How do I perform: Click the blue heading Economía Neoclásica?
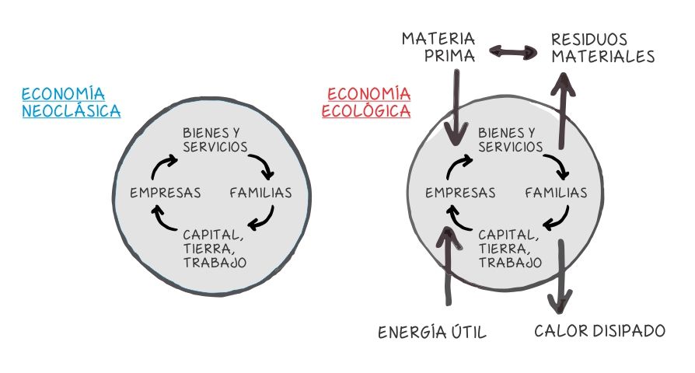[71, 102]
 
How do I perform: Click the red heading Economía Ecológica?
[366, 103]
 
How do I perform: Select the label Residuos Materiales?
[602, 47]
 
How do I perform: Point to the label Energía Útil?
[432, 333]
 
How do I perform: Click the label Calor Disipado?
[599, 331]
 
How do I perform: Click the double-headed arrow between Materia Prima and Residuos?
[514, 53]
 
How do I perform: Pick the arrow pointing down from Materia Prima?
[457, 101]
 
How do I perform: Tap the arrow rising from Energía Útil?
[445, 264]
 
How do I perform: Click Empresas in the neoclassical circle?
[166, 193]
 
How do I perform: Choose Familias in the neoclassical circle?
[260, 193]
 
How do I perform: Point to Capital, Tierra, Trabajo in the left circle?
[215, 248]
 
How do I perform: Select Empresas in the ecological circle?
[461, 193]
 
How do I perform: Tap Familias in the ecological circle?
[556, 193]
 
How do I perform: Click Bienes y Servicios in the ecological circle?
[510, 139]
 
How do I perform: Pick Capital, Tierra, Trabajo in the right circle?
[510, 248]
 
